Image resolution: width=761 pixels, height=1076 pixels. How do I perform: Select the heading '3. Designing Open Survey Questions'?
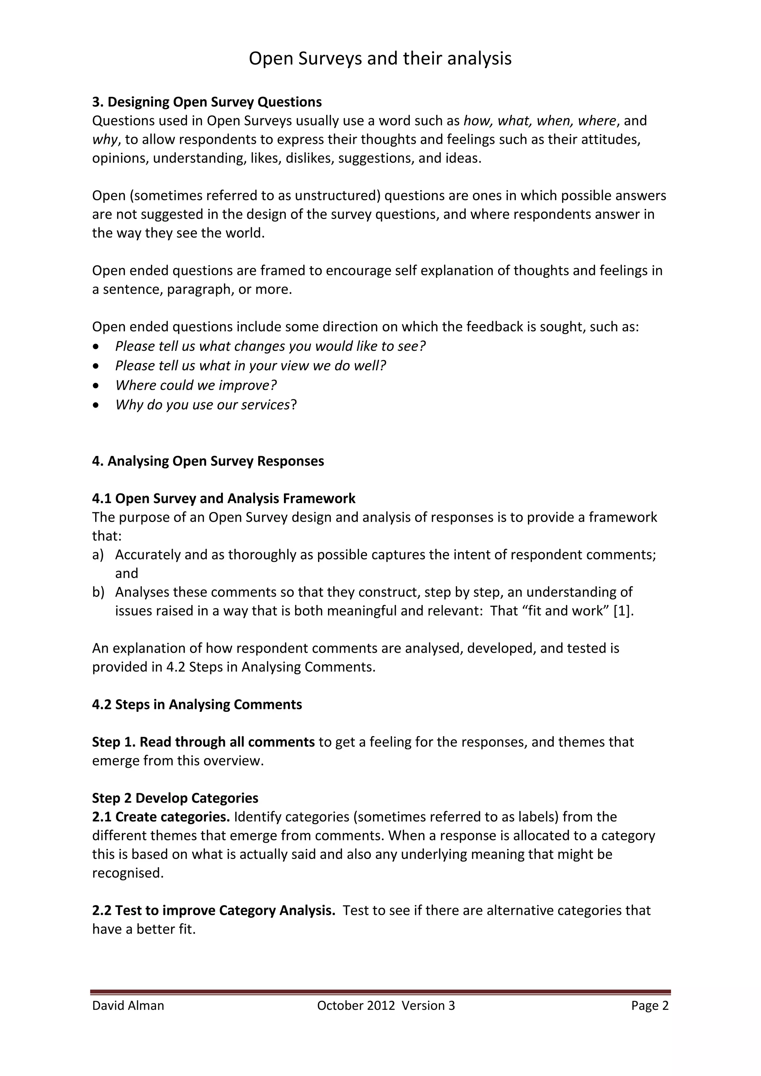point(207,102)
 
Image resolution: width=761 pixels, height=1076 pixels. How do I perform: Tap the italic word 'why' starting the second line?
point(104,140)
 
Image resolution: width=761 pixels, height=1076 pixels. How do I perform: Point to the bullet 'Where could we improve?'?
point(196,385)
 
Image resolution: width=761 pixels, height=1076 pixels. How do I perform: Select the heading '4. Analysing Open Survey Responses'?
point(208,461)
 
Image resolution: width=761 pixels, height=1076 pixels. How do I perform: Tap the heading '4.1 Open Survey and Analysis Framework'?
point(224,498)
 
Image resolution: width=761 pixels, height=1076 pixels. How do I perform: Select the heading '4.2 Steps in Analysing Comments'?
point(197,704)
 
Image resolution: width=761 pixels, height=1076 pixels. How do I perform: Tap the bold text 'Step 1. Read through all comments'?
point(203,742)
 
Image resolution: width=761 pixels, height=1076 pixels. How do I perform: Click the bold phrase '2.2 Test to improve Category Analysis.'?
point(213,911)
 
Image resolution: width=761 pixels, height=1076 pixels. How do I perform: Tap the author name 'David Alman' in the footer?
point(128,1006)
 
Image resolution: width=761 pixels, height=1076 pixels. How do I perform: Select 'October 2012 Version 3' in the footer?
point(386,1006)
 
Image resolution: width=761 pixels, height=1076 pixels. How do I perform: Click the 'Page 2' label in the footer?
point(650,1006)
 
